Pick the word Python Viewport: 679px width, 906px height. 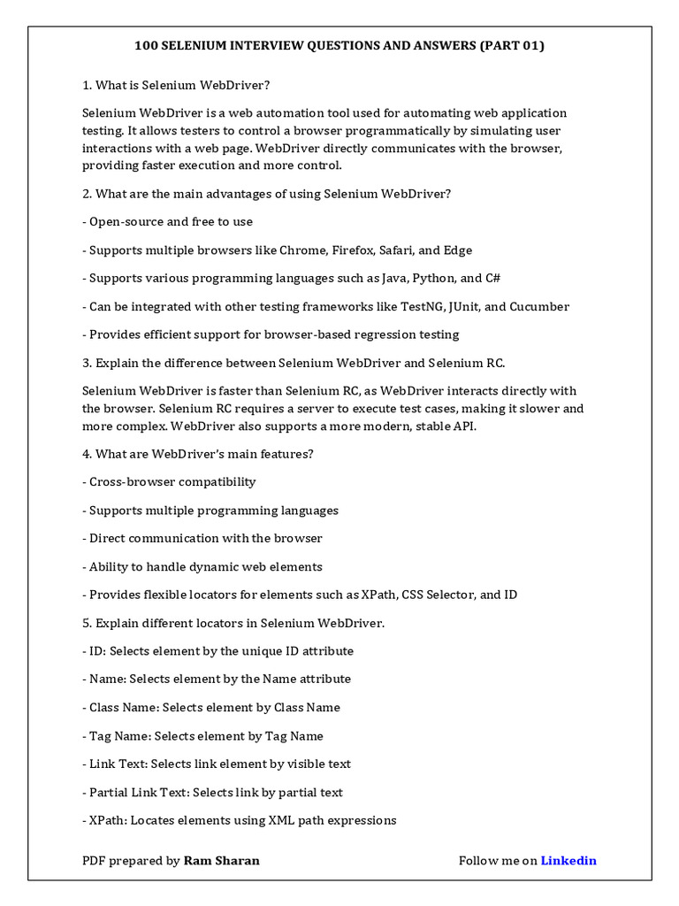pos(429,279)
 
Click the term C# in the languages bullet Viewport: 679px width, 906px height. pos(492,279)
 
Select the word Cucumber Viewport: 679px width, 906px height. pos(539,307)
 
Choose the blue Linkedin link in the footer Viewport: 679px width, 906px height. pos(568,861)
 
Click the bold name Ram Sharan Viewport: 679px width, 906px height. pos(221,861)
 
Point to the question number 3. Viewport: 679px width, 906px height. pos(86,363)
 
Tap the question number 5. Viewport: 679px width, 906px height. pos(86,623)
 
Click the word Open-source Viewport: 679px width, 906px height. pos(124,222)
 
